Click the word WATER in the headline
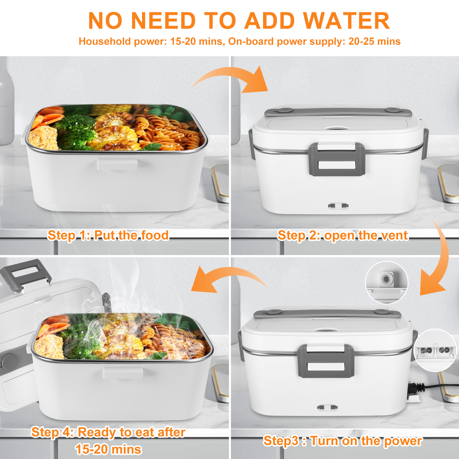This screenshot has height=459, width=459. (x=347, y=21)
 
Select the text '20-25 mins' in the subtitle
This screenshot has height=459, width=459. (x=374, y=42)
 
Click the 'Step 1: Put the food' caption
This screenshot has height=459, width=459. (x=108, y=236)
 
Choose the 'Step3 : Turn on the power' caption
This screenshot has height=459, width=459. (x=343, y=441)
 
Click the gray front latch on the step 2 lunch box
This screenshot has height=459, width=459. (x=337, y=159)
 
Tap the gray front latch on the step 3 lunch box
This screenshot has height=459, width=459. (x=326, y=361)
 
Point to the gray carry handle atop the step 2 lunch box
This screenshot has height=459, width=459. (x=338, y=112)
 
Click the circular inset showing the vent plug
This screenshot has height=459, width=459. (x=386, y=282)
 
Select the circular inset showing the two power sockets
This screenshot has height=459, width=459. (x=435, y=350)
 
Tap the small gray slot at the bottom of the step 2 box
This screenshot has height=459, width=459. (x=338, y=205)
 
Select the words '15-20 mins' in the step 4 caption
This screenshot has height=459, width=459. (x=108, y=449)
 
